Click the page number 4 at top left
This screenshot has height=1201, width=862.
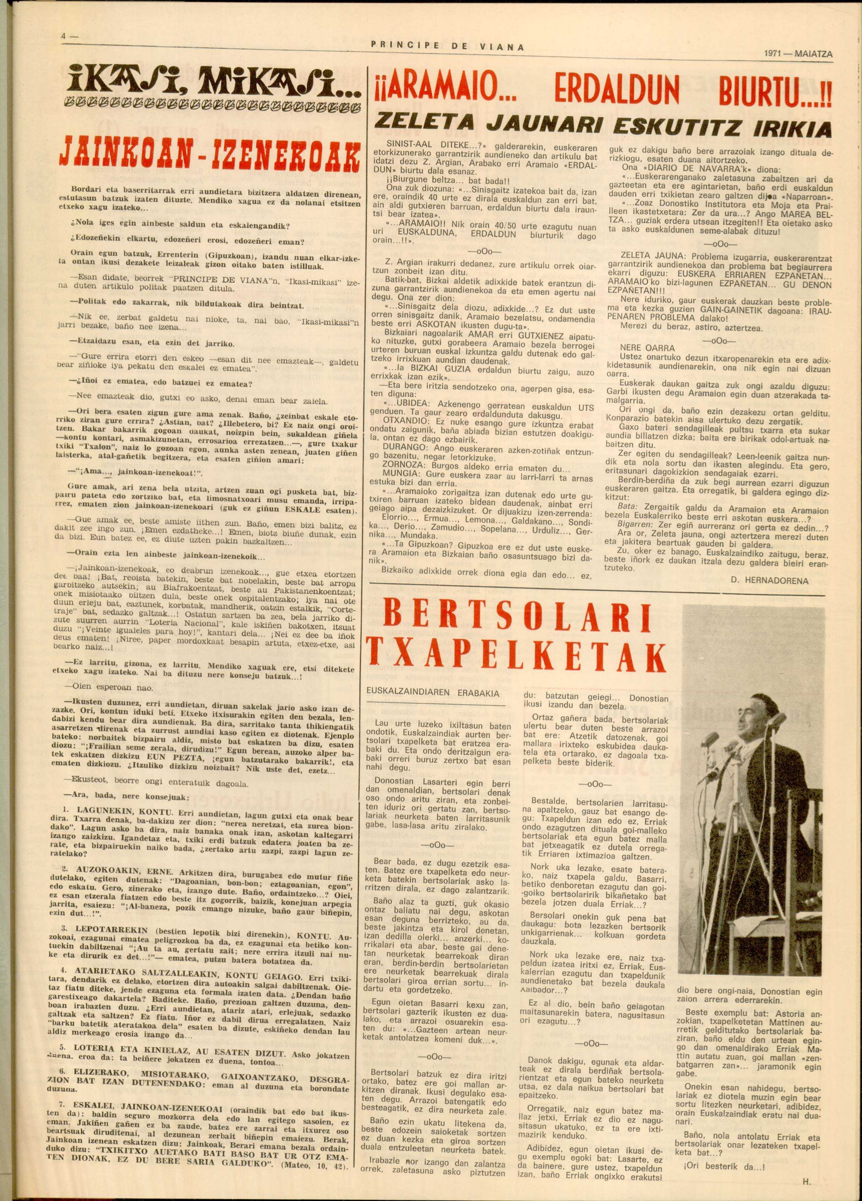point(63,38)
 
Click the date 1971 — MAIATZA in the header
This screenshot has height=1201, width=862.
point(799,54)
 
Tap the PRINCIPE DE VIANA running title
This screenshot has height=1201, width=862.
point(448,46)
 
